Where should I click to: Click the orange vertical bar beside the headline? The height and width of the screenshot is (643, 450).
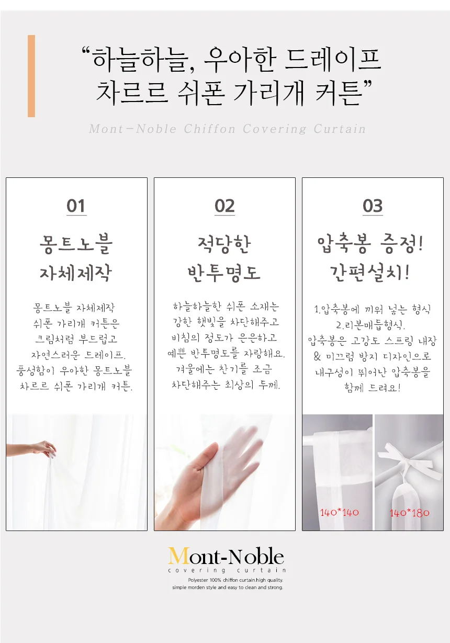[31, 76]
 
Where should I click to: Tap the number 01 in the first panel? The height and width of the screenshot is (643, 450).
[76, 206]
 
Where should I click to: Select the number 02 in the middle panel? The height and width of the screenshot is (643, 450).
[224, 206]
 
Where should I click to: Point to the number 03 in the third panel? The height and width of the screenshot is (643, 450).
[373, 206]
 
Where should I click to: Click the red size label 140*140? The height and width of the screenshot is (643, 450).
[340, 512]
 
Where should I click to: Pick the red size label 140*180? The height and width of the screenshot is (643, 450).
[410, 513]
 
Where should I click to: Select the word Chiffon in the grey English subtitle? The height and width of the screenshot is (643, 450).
[210, 129]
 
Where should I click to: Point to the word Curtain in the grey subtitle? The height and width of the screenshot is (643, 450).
[340, 129]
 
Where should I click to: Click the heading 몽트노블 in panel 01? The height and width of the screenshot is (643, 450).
[76, 244]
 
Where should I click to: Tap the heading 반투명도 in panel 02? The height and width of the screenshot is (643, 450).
[224, 273]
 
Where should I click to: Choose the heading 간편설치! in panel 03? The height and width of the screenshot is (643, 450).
[369, 273]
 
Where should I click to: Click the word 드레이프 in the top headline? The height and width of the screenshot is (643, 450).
[333, 60]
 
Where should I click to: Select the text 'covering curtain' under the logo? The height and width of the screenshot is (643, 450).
[227, 570]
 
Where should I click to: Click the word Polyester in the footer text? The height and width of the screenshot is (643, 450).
[198, 580]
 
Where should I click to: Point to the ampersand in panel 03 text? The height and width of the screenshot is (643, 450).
[317, 356]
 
